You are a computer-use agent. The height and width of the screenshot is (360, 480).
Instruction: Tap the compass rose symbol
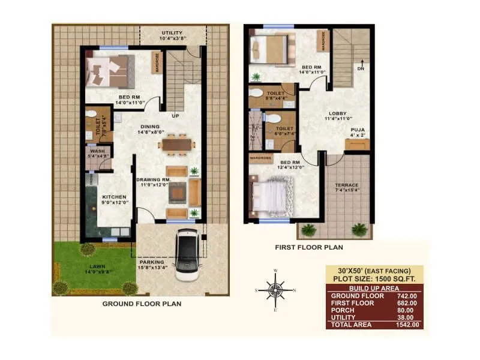point(275,290)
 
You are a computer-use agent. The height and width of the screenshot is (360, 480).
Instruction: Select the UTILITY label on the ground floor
point(173,32)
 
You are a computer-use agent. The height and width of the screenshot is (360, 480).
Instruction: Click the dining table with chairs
point(177,144)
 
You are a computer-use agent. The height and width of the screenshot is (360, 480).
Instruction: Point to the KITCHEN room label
point(113,197)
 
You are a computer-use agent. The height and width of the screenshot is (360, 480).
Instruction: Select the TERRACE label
point(347,185)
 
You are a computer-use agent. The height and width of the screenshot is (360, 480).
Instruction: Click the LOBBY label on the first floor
point(337,113)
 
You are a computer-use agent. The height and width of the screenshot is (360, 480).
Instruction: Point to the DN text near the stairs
point(360,68)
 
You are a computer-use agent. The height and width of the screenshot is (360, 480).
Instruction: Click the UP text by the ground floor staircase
point(176,115)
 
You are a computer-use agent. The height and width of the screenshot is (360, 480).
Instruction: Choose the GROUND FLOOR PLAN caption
point(142,304)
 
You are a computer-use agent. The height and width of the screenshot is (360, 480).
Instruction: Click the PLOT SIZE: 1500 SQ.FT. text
point(374,279)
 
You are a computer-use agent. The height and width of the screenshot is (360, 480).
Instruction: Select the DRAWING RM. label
point(154,179)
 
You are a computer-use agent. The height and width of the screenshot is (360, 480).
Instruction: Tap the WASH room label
point(97,151)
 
